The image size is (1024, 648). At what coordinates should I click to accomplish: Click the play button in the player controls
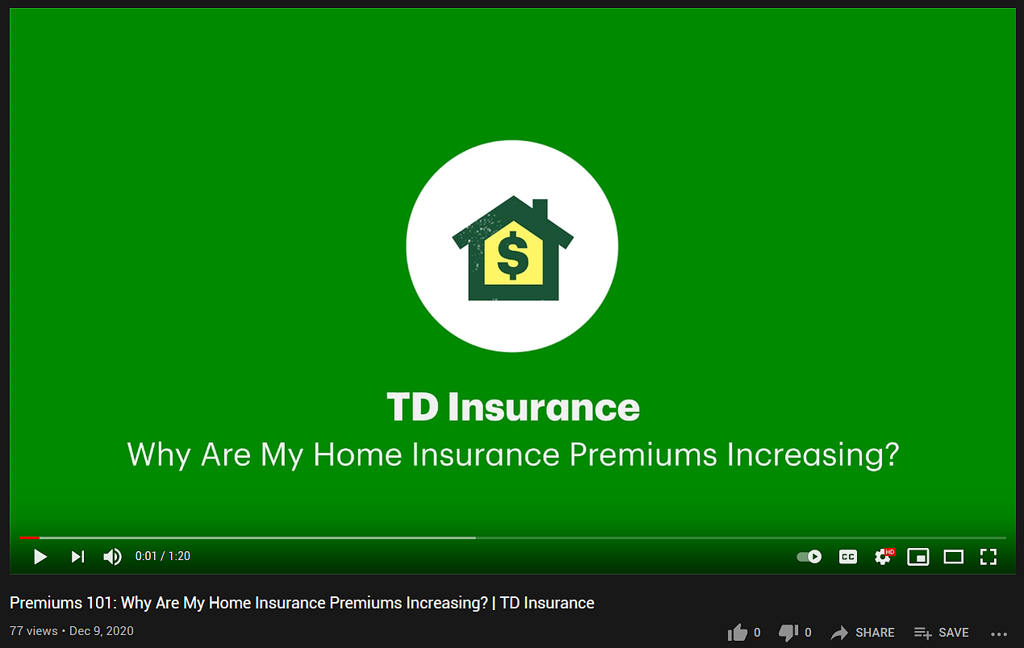pos(40,557)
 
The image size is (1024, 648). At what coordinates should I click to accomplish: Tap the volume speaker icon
pos(112,557)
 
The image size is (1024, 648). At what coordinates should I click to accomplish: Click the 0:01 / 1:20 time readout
pos(163,556)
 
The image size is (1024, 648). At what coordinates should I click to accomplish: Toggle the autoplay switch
pos(809,557)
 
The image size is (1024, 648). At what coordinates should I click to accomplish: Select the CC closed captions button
pos(848,557)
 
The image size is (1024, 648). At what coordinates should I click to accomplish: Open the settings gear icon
pos(883,557)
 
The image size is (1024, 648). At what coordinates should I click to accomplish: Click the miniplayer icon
pos(918,557)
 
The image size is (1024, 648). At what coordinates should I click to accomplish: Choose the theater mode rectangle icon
pos(954,557)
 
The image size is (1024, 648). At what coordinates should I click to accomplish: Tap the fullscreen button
pos(988,557)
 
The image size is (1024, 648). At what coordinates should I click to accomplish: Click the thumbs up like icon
pos(738,633)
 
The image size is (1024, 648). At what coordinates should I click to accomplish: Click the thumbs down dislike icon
pos(788,633)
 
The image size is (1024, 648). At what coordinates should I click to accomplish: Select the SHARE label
pos(875,633)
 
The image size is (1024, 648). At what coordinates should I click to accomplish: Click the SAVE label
pos(954,633)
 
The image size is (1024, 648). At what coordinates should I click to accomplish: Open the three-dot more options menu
pos(999,634)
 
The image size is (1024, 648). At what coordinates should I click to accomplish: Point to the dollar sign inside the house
pos(512,256)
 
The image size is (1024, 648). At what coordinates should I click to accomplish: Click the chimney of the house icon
pos(541,209)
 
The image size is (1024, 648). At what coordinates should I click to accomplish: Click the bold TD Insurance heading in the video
pos(513,407)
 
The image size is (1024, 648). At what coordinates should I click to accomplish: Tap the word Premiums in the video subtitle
pos(643,454)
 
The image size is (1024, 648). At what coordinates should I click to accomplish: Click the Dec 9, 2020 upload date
pos(102,631)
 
